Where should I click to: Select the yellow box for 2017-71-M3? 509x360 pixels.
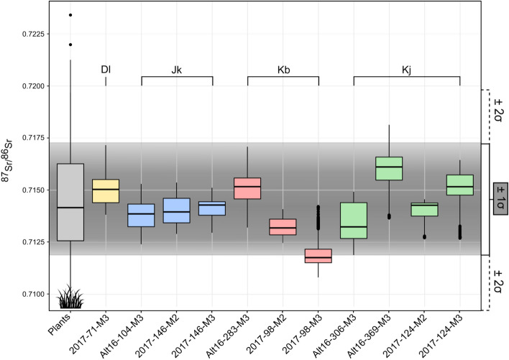point(106,190)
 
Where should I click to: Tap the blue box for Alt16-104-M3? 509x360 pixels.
point(141,215)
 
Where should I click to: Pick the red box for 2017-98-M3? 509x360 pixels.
point(318,256)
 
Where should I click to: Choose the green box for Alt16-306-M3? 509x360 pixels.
point(354,221)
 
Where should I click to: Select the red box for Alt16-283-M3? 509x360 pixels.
point(247,188)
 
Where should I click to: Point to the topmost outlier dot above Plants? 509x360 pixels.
point(70,15)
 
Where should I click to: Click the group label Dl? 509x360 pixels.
point(106,69)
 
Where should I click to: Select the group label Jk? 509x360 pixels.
point(177,69)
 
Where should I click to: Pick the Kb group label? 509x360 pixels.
point(283,69)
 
